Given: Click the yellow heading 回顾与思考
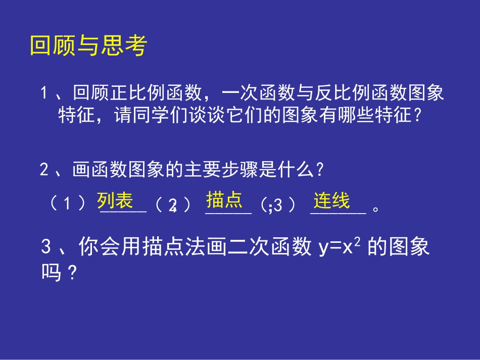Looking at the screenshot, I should tap(88, 46).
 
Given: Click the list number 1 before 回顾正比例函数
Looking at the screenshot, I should tap(44, 94).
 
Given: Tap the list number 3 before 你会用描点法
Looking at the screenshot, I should tap(46, 247).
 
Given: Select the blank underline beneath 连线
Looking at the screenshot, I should tap(338, 212).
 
